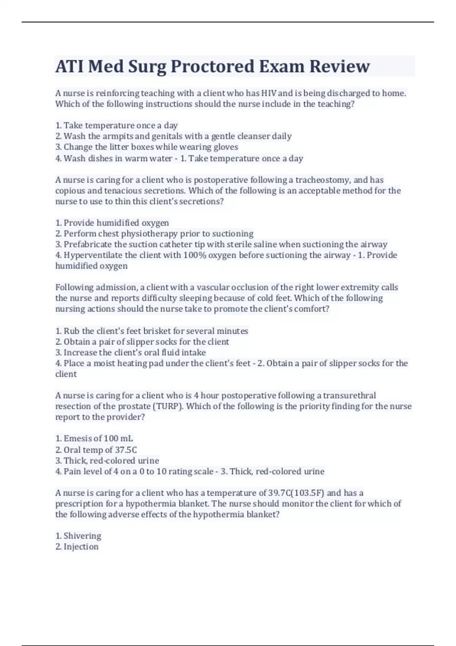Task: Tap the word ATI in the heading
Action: pos(70,66)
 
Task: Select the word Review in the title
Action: pos(339,66)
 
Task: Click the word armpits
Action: pos(115,136)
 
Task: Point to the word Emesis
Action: pos(78,439)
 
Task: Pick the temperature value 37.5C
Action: pos(126,450)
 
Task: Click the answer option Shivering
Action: pos(82,536)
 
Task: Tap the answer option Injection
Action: pos(81,546)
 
